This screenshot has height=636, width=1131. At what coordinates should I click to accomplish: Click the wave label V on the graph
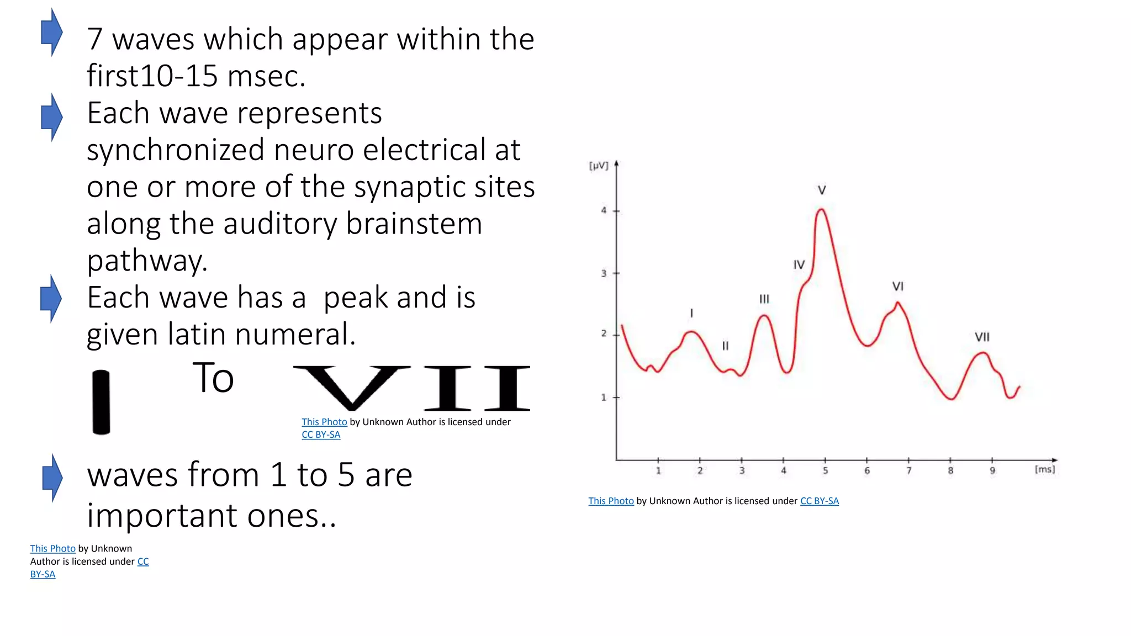(x=822, y=190)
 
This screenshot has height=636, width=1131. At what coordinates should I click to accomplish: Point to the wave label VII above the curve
(x=982, y=337)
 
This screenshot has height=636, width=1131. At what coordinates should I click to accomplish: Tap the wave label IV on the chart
(x=799, y=265)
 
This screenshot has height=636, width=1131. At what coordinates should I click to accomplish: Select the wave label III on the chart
(x=764, y=299)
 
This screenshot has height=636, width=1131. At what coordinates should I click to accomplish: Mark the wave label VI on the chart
(x=898, y=287)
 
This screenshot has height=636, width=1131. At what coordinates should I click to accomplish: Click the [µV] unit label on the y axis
(x=599, y=166)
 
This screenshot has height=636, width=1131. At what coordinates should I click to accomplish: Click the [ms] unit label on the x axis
(x=1044, y=469)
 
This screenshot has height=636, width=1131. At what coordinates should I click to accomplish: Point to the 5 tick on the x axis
(x=825, y=471)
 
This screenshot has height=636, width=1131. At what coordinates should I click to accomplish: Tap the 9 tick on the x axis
(x=992, y=471)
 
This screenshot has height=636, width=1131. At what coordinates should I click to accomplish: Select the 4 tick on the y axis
(x=604, y=210)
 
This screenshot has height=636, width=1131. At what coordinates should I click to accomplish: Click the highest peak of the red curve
(x=822, y=209)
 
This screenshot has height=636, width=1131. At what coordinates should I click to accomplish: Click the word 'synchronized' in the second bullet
(x=176, y=150)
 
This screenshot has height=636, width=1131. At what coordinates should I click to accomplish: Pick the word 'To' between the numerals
(x=213, y=378)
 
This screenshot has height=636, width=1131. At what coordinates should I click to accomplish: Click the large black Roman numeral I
(x=101, y=402)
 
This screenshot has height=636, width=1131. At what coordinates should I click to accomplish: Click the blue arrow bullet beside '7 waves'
(x=52, y=33)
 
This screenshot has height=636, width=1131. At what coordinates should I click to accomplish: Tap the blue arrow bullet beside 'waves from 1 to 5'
(x=52, y=478)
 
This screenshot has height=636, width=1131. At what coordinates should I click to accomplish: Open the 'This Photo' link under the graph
(x=611, y=501)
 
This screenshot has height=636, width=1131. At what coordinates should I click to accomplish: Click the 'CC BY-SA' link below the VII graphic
(x=321, y=434)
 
